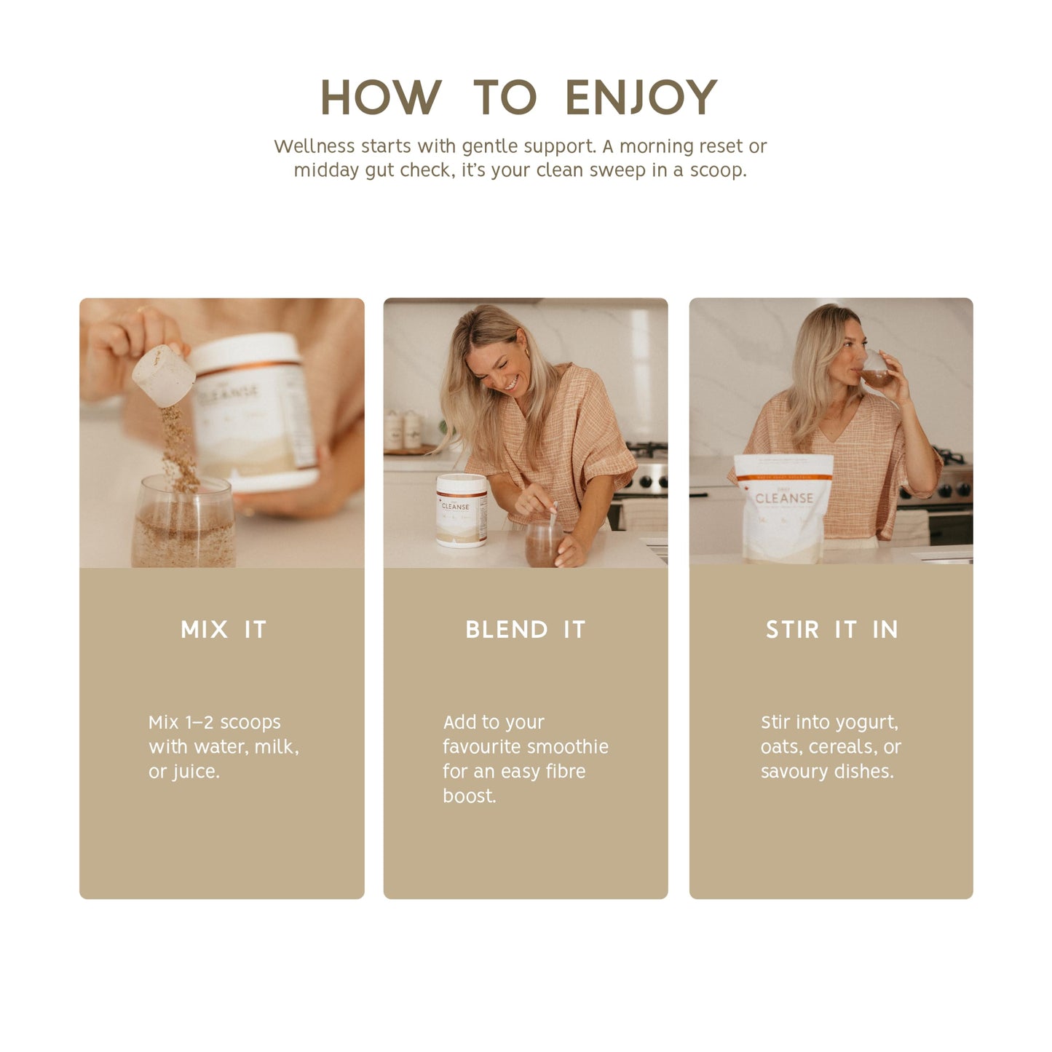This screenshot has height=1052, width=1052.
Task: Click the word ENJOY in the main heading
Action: [x=641, y=97]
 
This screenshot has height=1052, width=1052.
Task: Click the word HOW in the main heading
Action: [x=381, y=97]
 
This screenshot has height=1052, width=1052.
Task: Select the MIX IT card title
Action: [x=224, y=630]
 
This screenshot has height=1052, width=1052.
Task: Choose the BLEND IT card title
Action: [x=525, y=630]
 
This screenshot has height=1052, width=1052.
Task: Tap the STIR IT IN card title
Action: [x=831, y=630]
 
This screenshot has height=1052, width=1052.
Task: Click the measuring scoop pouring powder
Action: [x=163, y=375]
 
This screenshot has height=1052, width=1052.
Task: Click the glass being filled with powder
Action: [x=183, y=521]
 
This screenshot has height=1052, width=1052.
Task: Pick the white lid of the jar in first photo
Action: [x=245, y=352]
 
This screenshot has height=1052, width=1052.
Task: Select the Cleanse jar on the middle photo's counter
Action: [x=462, y=510]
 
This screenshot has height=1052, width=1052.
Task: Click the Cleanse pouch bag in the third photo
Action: [x=783, y=509]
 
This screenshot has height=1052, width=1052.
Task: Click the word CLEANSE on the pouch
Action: [x=784, y=498]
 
